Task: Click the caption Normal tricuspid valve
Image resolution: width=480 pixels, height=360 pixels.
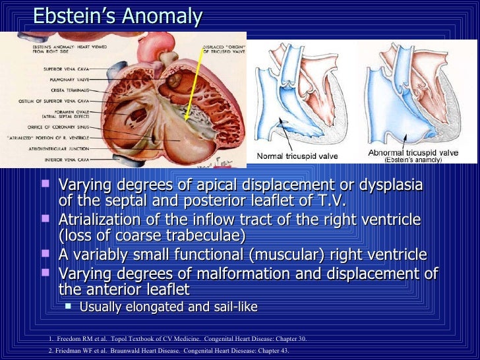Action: coord(297,156)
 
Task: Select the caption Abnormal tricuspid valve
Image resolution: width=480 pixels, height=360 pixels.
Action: coord(413,152)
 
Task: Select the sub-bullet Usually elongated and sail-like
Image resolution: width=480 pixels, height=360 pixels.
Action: coord(168,307)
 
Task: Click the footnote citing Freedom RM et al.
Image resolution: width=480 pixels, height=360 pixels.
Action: coord(178,339)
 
